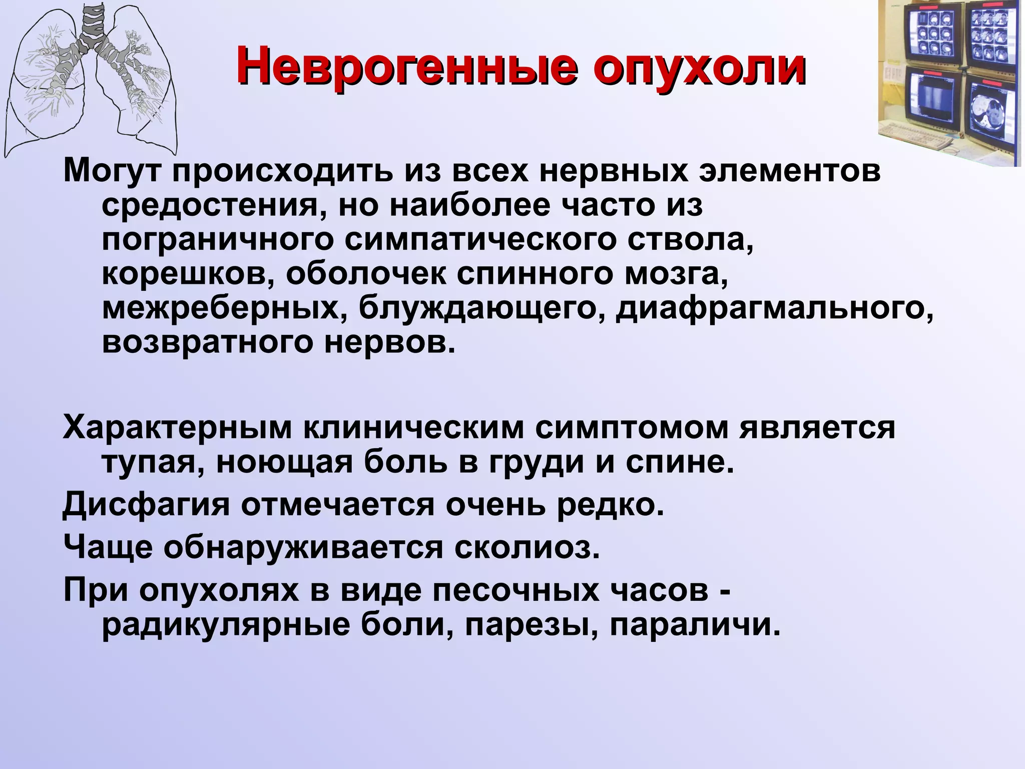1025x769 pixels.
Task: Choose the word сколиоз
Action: [x=527, y=548]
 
